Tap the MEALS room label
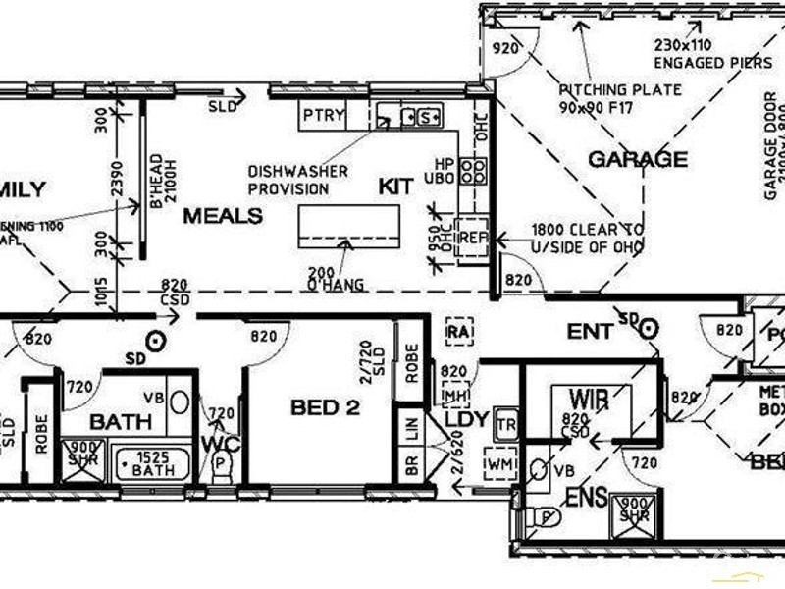coord(223,216)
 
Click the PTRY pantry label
coord(323,115)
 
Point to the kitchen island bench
coord(349,227)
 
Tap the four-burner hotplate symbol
coord(473,172)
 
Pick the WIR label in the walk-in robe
coord(588,400)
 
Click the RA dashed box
coord(458,331)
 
